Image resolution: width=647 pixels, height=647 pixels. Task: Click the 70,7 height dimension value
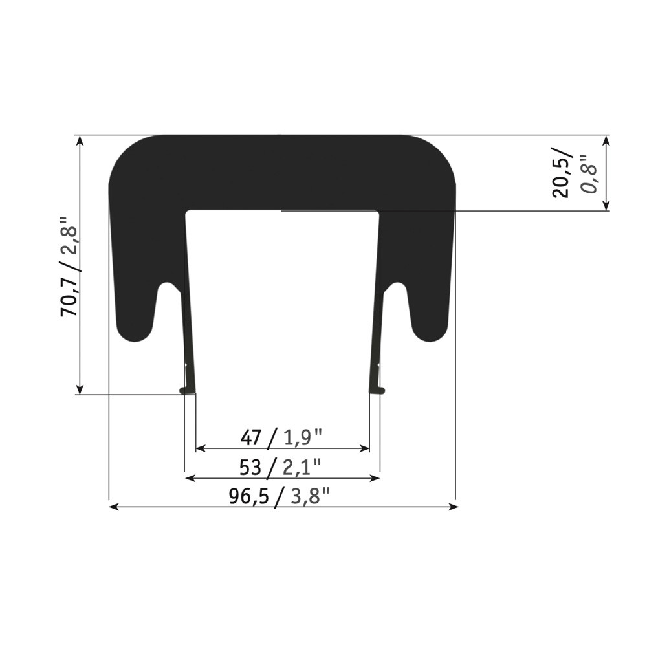point(69,297)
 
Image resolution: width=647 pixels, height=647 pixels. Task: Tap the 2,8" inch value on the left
point(69,241)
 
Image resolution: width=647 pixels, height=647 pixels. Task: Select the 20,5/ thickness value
point(562,173)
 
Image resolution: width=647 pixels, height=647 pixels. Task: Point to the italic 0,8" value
point(588,174)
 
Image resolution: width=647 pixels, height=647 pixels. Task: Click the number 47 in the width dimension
point(251,437)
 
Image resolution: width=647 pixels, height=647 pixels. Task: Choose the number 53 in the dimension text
point(250,468)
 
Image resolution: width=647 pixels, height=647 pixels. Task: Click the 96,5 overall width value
point(249,497)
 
